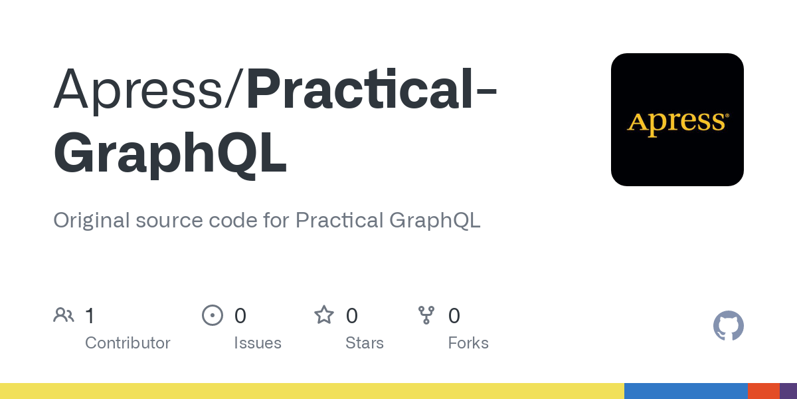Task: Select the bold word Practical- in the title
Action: [x=372, y=88]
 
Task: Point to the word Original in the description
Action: [x=92, y=220]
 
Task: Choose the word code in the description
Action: [x=232, y=220]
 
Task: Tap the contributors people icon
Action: [x=64, y=315]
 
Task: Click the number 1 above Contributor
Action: [x=90, y=316]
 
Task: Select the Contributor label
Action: [x=128, y=342]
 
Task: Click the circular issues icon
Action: [x=213, y=315]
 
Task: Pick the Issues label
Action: [x=258, y=342]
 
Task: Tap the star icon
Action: [x=324, y=315]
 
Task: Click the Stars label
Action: [x=365, y=342]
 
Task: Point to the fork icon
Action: [x=426, y=315]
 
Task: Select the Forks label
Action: [x=468, y=342]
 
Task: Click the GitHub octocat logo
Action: [x=729, y=326]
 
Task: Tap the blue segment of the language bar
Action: [x=686, y=391]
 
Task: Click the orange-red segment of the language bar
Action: [x=764, y=391]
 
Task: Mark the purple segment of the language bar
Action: [x=788, y=391]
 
